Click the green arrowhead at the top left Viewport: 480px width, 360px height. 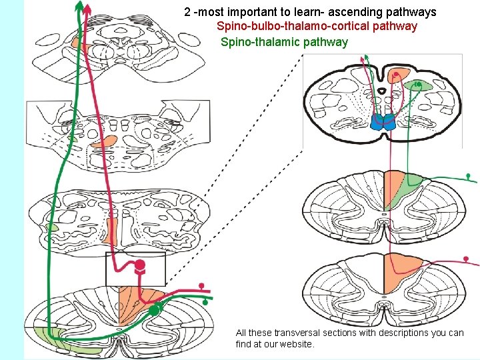click(79, 7)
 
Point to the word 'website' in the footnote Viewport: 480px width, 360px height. click(292, 344)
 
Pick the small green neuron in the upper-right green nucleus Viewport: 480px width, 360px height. click(417, 85)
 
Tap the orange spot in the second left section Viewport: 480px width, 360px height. click(103, 141)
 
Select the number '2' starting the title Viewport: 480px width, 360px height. click(187, 12)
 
